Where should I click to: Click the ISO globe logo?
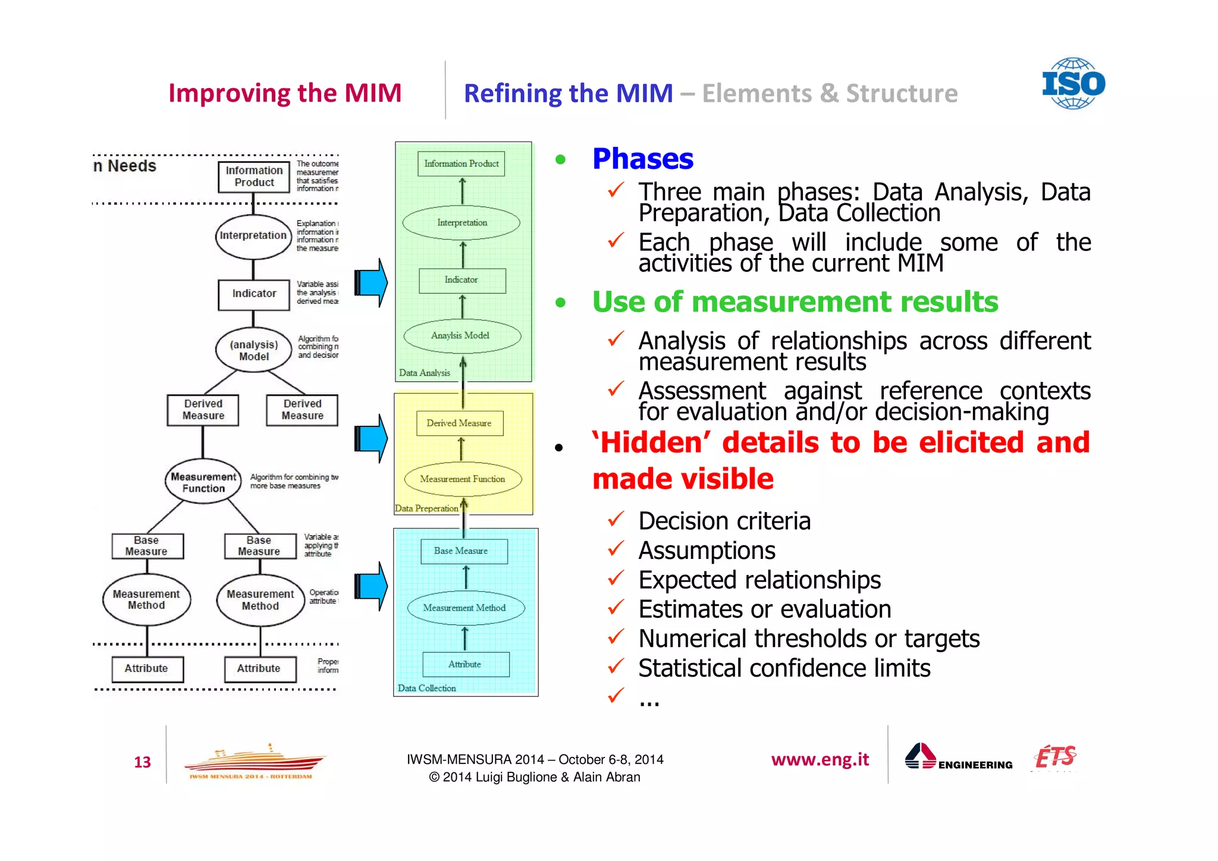pos(1073,83)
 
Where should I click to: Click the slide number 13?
pos(142,762)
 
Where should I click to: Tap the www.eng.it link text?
pos(820,759)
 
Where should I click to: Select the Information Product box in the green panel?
pos(462,164)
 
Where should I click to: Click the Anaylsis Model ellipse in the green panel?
pos(462,335)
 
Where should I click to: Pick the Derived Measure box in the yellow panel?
pos(459,423)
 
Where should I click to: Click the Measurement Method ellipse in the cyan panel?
pos(465,608)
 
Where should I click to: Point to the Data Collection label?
pos(426,688)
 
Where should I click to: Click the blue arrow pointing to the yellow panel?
pos(372,439)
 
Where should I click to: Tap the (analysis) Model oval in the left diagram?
pos(254,350)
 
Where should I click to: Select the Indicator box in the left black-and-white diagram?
pos(254,294)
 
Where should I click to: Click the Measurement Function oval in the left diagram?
pos(203,482)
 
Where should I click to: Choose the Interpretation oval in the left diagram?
pos(253,236)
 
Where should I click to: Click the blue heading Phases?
pos(642,159)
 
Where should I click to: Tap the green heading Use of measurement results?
pos(795,302)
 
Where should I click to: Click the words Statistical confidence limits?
pos(784,668)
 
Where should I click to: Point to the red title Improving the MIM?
pos(285,93)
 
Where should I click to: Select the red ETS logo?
pos(1055,757)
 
